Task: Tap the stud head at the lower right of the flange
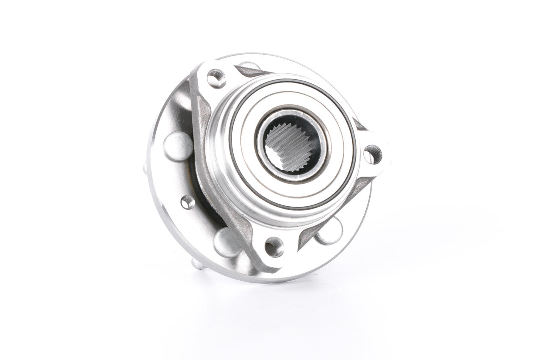tap(329, 233)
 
